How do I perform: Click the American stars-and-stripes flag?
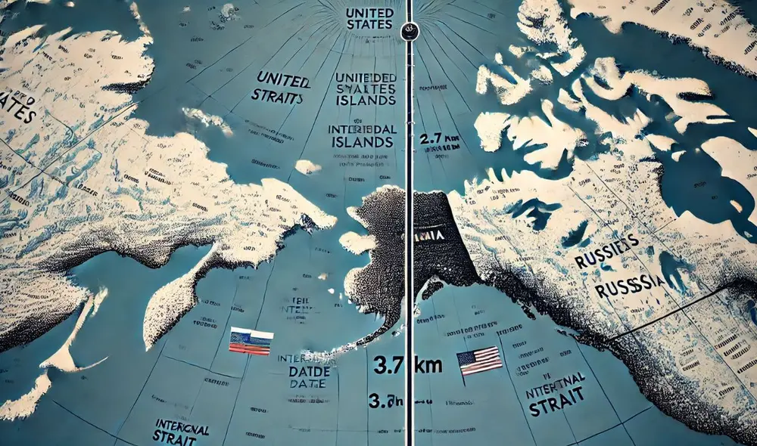[x=479, y=360]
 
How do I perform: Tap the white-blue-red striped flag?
[x=251, y=342]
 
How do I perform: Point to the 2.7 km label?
[x=438, y=141]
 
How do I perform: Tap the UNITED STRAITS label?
[x=281, y=88]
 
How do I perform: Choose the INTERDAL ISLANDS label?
[x=363, y=136]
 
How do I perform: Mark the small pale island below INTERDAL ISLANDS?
[x=307, y=167]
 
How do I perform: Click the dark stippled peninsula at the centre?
[x=386, y=249]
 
